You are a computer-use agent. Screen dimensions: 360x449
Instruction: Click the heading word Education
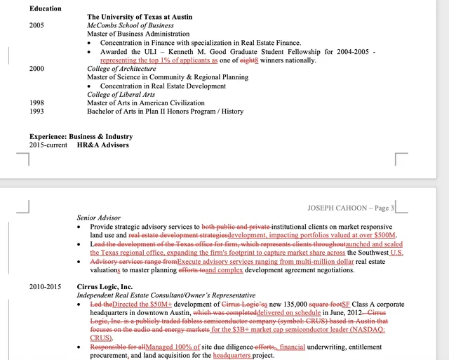(45, 8)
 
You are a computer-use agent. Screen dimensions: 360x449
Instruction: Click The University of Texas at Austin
(140, 16)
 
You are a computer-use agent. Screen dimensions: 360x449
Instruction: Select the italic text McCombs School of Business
(130, 25)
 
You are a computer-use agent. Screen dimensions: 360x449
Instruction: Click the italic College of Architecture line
(121, 69)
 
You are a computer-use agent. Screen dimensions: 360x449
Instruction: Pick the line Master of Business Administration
(138, 34)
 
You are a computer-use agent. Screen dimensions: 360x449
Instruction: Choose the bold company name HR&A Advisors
(103, 145)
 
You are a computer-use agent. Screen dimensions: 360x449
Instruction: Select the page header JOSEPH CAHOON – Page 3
(351, 208)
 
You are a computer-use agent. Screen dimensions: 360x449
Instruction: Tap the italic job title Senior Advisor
(98, 218)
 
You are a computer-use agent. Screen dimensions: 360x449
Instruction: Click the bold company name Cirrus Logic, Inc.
(105, 286)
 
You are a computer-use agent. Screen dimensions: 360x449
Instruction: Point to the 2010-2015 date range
(45, 286)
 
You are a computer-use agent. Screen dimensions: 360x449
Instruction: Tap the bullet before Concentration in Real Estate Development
(89, 86)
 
